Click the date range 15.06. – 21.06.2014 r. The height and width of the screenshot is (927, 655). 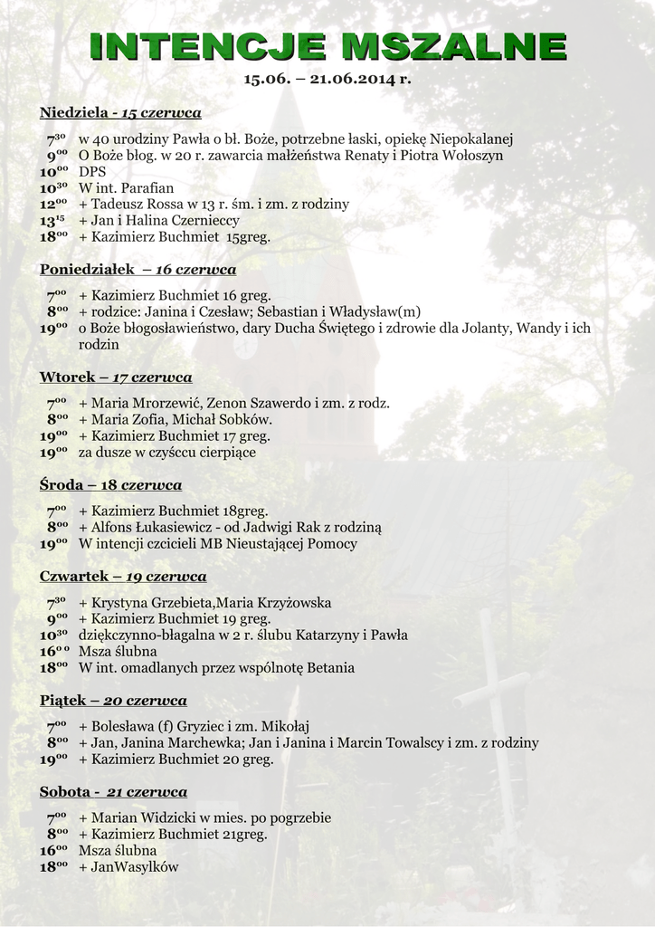(x=327, y=79)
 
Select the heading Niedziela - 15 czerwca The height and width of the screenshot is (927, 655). (x=120, y=112)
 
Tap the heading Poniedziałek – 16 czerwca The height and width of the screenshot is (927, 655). (x=138, y=270)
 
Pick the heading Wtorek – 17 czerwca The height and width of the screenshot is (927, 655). (x=116, y=377)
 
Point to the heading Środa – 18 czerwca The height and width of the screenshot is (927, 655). (x=110, y=485)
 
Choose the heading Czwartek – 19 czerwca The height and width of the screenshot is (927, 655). (x=123, y=577)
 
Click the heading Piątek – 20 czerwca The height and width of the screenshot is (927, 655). (x=113, y=701)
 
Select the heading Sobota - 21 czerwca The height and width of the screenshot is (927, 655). (x=113, y=792)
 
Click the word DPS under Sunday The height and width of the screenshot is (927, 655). (x=92, y=172)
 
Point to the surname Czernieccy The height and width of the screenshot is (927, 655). (x=204, y=221)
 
